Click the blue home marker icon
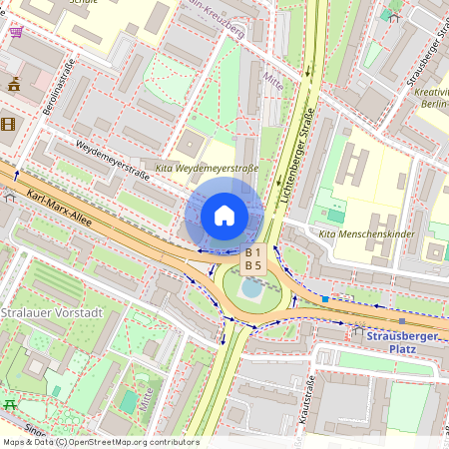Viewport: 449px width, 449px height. pyautogui.click(x=224, y=216)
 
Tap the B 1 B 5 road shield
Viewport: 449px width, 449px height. pyautogui.click(x=253, y=259)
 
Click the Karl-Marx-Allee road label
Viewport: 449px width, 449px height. pyautogui.click(x=60, y=207)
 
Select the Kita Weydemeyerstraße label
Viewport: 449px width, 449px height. pyautogui.click(x=208, y=168)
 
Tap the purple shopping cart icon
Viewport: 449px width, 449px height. pyautogui.click(x=15, y=32)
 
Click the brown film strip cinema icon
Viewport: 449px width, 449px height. pyautogui.click(x=9, y=124)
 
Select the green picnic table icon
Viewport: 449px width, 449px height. pyautogui.click(x=10, y=403)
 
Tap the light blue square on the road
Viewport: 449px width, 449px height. pyautogui.click(x=325, y=298)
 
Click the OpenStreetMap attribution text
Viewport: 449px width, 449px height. pyautogui.click(x=100, y=442)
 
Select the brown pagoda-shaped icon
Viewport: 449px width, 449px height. pyautogui.click(x=14, y=86)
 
